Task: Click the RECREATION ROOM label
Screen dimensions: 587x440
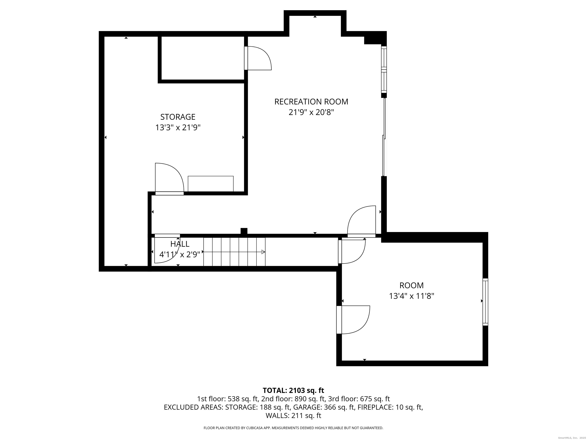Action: click(311, 102)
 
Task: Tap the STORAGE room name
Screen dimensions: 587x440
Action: click(178, 117)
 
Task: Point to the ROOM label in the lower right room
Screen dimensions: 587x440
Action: click(412, 285)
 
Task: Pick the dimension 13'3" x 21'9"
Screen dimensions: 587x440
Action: click(178, 128)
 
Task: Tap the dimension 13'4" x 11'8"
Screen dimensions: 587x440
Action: click(412, 296)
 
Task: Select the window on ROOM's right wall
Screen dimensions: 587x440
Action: click(485, 302)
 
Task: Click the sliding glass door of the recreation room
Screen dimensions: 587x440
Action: click(384, 137)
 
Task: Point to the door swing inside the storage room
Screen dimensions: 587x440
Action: click(169, 177)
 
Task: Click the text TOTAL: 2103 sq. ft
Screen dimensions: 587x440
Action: click(293, 390)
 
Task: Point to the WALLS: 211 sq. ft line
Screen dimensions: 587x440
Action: click(293, 416)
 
